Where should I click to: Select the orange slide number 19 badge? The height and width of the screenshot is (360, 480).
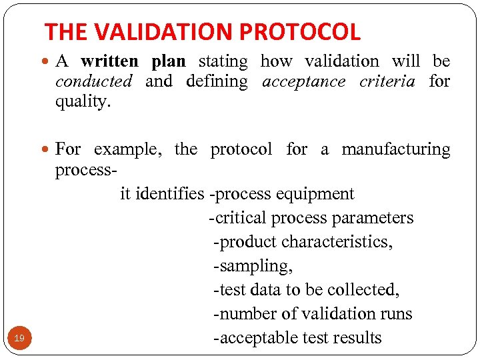(x=19, y=339)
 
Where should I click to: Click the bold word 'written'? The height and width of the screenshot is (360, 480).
(x=109, y=61)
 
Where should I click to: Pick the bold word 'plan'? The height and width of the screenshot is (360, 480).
(x=168, y=61)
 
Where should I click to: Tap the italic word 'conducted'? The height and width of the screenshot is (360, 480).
(x=94, y=81)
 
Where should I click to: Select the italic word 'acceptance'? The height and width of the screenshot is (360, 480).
(x=304, y=81)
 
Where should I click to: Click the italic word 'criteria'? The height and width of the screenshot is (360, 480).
(x=387, y=81)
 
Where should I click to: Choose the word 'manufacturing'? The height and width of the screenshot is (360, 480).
(x=396, y=149)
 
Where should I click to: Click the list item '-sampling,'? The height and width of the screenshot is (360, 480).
(x=253, y=266)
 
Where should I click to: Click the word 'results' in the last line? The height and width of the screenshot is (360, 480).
(x=357, y=338)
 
